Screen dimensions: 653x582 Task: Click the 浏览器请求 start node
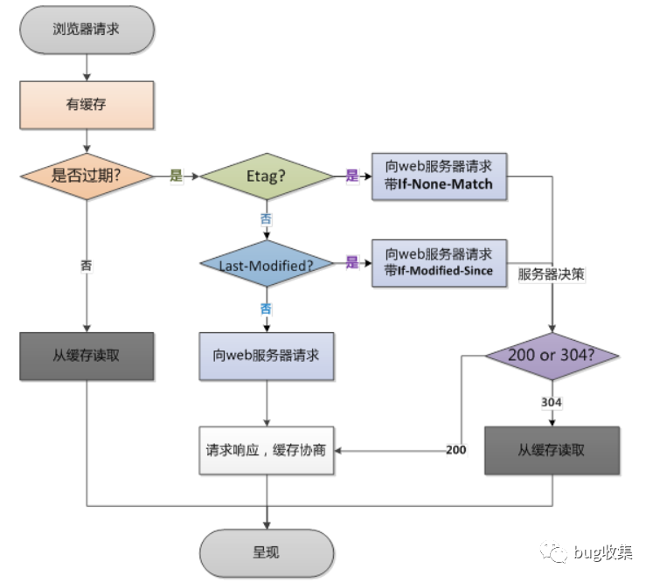87,30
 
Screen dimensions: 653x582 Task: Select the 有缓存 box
87,105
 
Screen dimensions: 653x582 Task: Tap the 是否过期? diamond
87,177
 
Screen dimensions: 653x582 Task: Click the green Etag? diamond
267,177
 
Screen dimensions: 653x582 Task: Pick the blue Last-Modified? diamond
267,264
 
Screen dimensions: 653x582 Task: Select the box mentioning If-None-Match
439,177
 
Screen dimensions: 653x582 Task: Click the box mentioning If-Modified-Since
439,263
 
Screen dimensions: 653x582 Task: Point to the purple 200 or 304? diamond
552,356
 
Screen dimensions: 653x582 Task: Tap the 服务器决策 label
551,274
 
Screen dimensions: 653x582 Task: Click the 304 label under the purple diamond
552,402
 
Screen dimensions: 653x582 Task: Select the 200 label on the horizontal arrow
456,450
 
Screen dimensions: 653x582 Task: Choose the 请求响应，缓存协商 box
267,450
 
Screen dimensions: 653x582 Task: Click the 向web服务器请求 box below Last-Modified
267,357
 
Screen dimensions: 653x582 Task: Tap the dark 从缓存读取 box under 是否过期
87,357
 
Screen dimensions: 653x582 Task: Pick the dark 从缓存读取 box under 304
552,450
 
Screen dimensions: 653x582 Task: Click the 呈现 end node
267,553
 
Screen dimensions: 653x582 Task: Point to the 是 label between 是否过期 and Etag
177,176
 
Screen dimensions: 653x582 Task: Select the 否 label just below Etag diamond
266,219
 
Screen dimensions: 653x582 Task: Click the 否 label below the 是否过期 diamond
87,265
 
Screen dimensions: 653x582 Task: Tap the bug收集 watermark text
602,552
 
